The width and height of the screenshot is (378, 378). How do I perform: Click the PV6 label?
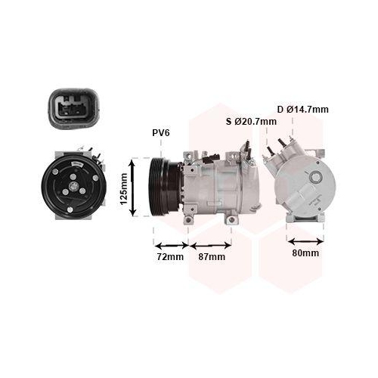[x=161, y=133]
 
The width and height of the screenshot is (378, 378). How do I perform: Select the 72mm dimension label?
[x=170, y=256]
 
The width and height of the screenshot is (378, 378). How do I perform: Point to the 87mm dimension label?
[x=212, y=256]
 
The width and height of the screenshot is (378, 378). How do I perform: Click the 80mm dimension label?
[x=305, y=253]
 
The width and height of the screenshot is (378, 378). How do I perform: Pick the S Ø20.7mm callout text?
[x=251, y=122]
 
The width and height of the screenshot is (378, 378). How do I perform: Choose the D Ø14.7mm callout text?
[x=302, y=110]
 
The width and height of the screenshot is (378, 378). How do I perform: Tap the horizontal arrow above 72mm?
[x=171, y=244]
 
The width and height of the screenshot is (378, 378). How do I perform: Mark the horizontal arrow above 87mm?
[x=211, y=244]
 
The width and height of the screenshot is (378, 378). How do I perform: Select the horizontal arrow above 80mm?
[x=305, y=241]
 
